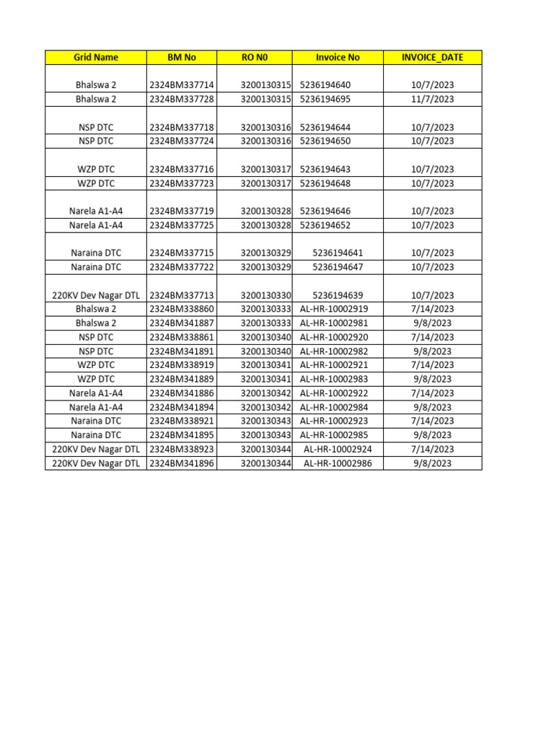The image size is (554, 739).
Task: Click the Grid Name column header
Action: click(96, 57)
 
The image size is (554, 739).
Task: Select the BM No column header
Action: click(182, 57)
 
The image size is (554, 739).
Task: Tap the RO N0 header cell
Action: click(255, 57)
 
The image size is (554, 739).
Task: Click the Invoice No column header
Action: click(338, 57)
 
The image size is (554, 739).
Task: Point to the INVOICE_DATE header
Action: click(432, 57)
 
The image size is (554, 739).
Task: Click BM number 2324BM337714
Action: click(182, 85)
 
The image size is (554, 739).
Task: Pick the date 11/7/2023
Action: click(432, 99)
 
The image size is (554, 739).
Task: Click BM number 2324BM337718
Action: click(182, 127)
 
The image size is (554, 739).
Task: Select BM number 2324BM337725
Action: click(182, 225)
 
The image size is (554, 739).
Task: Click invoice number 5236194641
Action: click(338, 253)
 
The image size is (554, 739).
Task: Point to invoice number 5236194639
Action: click(338, 295)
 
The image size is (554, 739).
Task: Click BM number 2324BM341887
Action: click(182, 323)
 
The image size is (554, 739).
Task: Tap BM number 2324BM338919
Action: click(182, 365)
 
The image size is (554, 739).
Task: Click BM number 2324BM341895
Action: click(182, 435)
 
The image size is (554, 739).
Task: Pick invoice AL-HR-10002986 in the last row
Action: click(338, 463)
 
